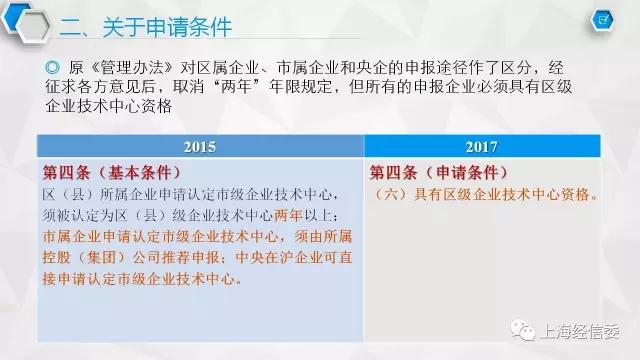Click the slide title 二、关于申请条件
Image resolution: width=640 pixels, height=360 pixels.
[x=146, y=27]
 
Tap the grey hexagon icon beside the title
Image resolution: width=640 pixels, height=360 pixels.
[x=33, y=27]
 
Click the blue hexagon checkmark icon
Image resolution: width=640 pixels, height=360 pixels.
[x=602, y=20]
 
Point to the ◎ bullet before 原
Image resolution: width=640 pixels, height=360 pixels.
[x=53, y=67]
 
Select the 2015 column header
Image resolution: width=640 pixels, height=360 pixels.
[x=200, y=147]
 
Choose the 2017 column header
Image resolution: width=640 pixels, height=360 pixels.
[x=482, y=147]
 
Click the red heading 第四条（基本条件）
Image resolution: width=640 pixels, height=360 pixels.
[x=112, y=173]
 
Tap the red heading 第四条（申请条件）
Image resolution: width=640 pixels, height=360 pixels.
[x=439, y=173]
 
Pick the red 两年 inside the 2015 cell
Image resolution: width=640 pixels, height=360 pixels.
[x=288, y=215]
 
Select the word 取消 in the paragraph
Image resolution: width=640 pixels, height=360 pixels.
[x=188, y=87]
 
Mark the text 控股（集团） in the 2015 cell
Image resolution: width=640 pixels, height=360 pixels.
[x=86, y=258]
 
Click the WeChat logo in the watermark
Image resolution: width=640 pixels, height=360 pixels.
[x=523, y=329]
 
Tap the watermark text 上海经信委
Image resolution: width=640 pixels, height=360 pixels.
[x=581, y=331]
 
